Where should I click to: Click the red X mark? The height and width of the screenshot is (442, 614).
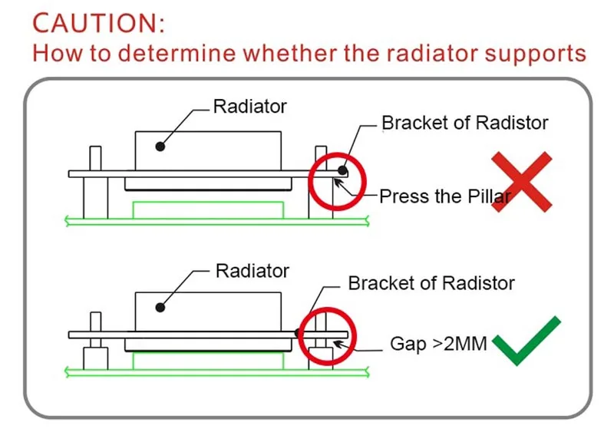[522, 182]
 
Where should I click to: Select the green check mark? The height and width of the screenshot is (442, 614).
[527, 341]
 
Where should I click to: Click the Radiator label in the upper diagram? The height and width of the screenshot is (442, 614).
[250, 107]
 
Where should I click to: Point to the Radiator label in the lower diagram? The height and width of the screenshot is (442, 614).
[253, 271]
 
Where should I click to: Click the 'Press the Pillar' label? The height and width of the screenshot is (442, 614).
[445, 196]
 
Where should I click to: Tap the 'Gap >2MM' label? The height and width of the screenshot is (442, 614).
[438, 344]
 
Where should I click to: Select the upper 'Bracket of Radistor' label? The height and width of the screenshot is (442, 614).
[465, 123]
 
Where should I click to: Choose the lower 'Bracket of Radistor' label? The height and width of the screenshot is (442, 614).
[431, 283]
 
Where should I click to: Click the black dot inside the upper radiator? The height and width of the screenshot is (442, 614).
[160, 147]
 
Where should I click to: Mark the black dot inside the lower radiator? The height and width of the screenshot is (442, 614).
[160, 307]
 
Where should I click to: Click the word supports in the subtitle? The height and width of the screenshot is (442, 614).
[535, 54]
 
